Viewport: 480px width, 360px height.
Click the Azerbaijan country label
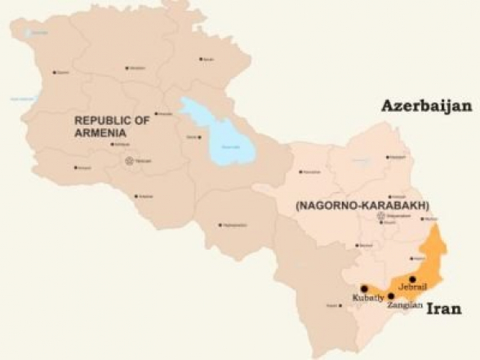426,106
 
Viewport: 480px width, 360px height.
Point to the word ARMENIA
100,133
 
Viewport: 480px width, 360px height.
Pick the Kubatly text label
367,299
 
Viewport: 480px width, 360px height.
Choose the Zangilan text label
405,305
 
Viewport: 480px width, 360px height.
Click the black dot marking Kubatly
363,289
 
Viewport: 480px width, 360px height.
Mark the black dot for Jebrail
412,279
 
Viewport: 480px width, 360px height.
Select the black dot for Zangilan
391,296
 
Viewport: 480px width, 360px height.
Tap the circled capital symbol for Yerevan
128,161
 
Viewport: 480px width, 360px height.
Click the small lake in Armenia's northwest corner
31,33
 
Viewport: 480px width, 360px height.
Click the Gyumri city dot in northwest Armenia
54,73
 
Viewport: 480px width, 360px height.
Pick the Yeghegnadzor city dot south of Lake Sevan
220,224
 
